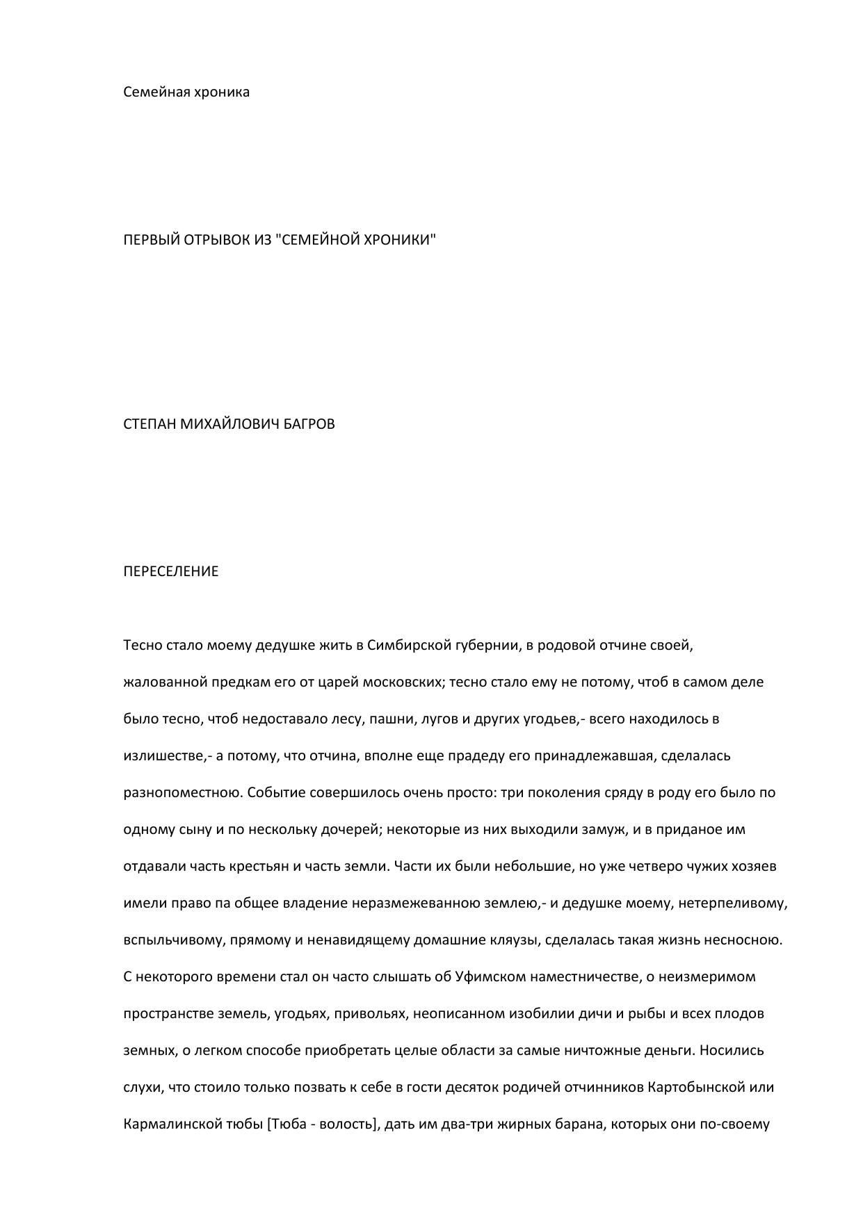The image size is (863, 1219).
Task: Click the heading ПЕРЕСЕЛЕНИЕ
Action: pyautogui.click(x=170, y=571)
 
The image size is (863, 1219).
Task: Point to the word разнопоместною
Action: pyautogui.click(x=182, y=793)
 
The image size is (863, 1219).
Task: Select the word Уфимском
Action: pyautogui.click(x=490, y=976)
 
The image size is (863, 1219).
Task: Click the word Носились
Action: pyautogui.click(x=732, y=1050)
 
